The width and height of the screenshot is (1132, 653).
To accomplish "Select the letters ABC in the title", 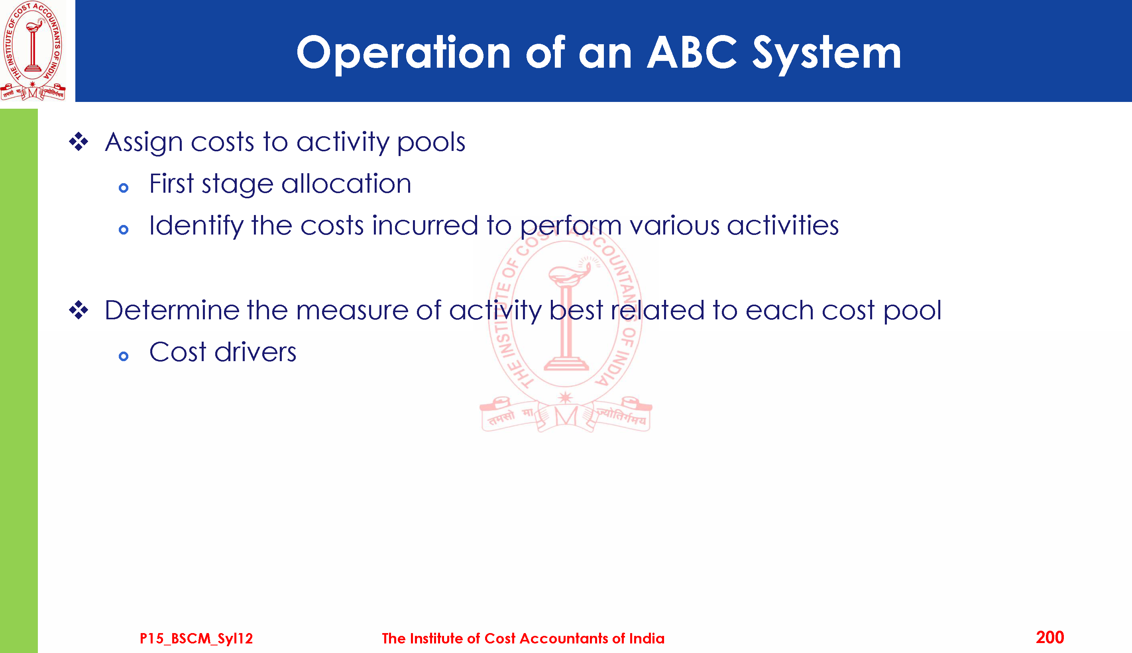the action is [692, 53].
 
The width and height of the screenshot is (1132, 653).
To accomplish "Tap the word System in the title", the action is [826, 55].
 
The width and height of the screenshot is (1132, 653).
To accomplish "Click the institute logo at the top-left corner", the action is [33, 50].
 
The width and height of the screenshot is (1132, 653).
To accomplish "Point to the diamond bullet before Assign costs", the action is [79, 142].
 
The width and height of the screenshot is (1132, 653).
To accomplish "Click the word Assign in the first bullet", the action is [143, 143].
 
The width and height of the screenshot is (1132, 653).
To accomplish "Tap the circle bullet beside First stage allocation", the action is [124, 188].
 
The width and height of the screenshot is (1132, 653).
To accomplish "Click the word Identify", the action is [196, 226].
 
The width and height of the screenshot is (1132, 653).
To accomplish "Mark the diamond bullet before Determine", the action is [79, 310].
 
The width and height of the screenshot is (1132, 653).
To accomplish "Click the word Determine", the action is [172, 310].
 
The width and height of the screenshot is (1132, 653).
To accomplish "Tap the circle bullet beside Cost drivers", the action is [124, 356].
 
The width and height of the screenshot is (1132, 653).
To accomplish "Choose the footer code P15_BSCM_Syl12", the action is [196, 638].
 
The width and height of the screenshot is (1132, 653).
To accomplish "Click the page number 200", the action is [1050, 637].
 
